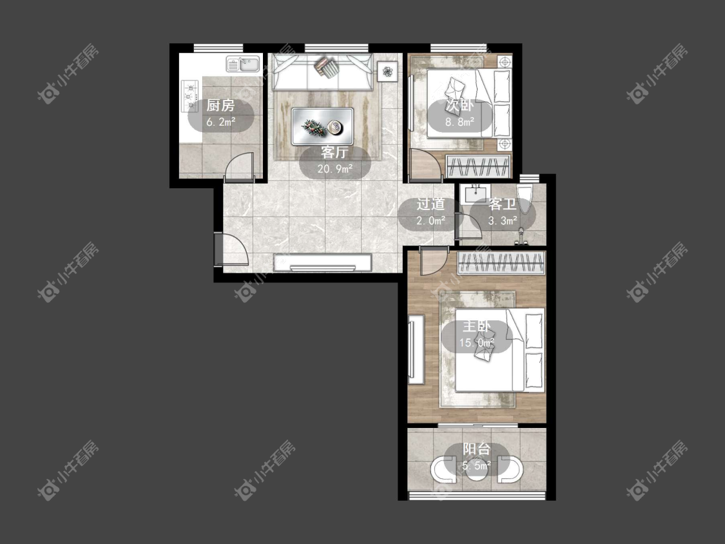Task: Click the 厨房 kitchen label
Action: click(x=220, y=106)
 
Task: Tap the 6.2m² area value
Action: click(x=221, y=122)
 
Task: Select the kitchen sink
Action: click(x=243, y=64)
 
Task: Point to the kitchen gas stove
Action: click(x=189, y=96)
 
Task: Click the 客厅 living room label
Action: click(x=334, y=152)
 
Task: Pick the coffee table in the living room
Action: click(x=323, y=126)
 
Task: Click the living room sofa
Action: click(x=323, y=72)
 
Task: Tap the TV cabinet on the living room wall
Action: click(x=323, y=262)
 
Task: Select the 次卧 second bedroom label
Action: click(x=459, y=106)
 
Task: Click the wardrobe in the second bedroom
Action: click(x=479, y=166)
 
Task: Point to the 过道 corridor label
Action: click(x=431, y=204)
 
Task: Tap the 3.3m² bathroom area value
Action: click(x=503, y=220)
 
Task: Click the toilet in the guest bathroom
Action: click(x=525, y=199)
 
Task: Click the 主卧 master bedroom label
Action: click(x=477, y=326)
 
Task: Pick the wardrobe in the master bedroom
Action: click(x=501, y=264)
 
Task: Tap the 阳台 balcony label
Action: click(x=477, y=449)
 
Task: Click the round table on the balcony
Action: click(x=477, y=471)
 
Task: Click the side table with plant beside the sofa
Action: click(x=387, y=72)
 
